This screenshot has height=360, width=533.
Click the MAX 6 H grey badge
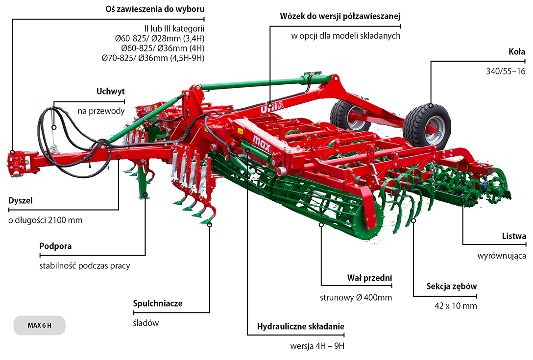click(39, 325)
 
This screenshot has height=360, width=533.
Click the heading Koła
click(517, 51)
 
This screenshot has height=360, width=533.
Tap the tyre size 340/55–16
click(506, 71)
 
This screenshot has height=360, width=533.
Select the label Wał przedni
click(369, 278)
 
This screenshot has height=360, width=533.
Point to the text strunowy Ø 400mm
click(356, 298)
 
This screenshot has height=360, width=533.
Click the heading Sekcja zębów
click(451, 286)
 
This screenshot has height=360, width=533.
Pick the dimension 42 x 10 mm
click(456, 306)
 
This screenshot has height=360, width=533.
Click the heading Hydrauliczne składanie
click(300, 327)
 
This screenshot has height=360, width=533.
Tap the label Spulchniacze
click(158, 303)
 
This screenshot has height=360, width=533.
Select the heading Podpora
click(55, 246)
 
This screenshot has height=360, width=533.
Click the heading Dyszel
click(21, 200)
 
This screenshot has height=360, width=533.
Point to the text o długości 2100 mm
click(45, 220)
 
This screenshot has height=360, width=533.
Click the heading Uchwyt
click(111, 91)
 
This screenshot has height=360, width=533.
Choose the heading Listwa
click(514, 236)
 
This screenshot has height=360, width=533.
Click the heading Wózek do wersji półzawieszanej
click(340, 16)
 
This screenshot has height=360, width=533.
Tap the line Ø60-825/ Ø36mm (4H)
click(163, 48)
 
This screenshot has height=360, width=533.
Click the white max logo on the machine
click(262, 143)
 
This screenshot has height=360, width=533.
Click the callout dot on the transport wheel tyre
click(431, 105)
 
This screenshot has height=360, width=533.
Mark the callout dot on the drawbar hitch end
click(12, 153)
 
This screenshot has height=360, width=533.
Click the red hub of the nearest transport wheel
click(432, 129)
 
